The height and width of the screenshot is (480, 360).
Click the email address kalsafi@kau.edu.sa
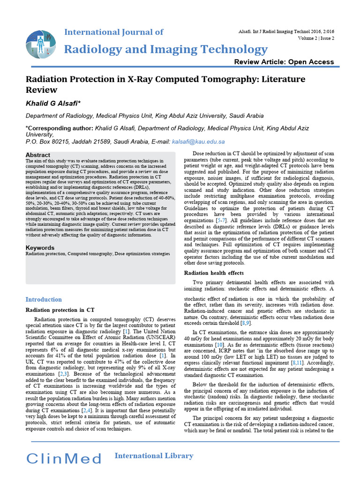198,142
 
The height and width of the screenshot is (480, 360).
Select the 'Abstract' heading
38,155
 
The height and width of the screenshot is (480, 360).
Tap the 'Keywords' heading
40,247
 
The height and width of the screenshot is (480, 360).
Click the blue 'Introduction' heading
44,300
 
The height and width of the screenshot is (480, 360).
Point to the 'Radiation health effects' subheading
214,273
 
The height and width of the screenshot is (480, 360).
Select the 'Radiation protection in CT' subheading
60,310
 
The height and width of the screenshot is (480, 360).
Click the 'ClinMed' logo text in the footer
64,458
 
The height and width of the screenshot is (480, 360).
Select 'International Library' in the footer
154,456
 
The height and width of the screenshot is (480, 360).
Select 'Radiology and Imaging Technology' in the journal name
165,49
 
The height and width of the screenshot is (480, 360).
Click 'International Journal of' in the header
113,32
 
